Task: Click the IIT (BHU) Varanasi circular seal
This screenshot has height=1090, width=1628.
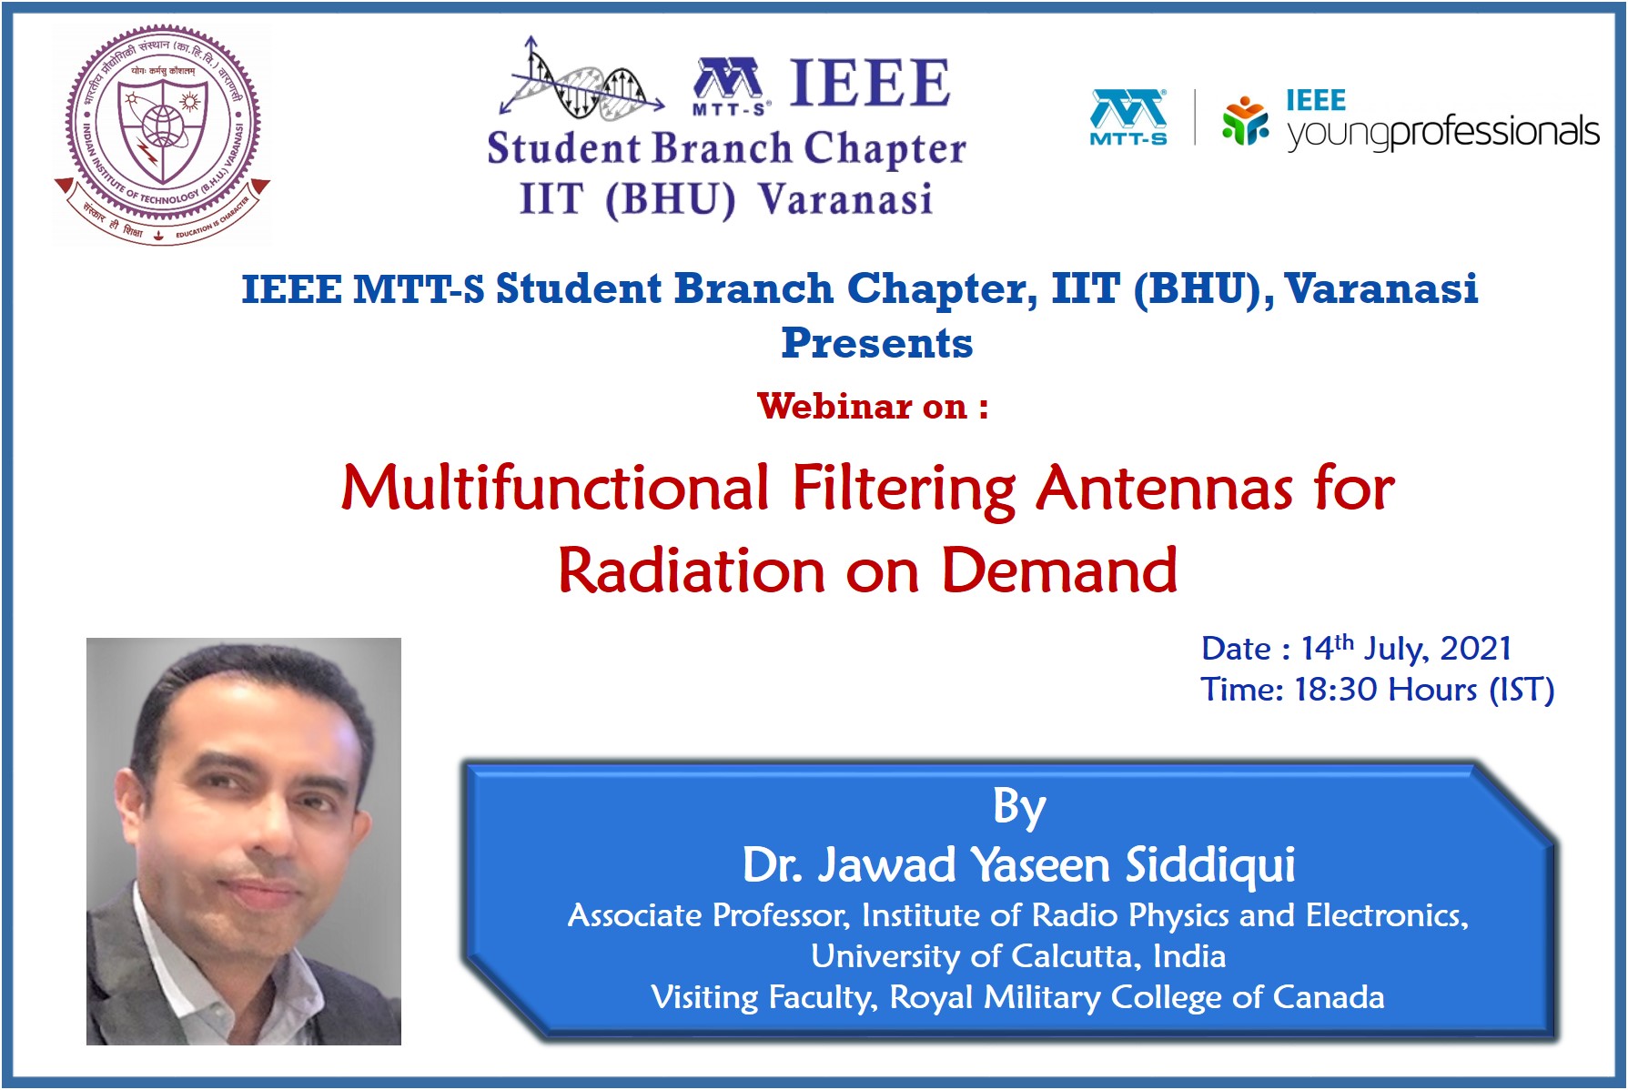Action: [162, 134]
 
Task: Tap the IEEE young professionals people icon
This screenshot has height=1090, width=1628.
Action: [1246, 120]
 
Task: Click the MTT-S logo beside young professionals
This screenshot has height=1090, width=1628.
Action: [1128, 117]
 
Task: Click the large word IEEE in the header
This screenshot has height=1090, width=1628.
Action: [869, 83]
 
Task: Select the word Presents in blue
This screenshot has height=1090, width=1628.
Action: [877, 343]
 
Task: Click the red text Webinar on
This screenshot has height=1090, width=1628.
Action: [872, 406]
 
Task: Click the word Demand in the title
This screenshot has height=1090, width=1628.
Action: [1058, 570]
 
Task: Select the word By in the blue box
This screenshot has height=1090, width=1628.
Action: [1019, 807]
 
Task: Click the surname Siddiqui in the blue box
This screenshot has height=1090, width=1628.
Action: [1210, 864]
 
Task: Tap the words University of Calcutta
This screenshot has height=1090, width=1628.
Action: [975, 956]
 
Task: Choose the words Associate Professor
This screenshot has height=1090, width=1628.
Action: [708, 915]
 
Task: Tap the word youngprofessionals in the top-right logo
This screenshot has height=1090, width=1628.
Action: [1442, 133]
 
